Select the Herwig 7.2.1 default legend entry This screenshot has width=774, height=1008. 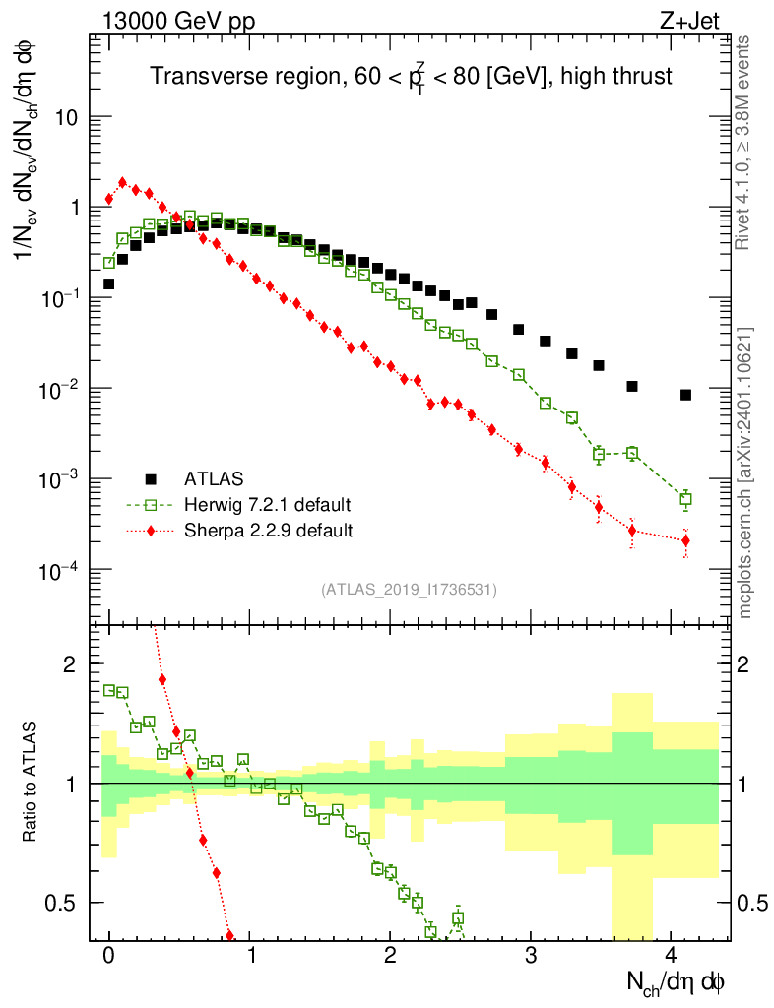click(267, 505)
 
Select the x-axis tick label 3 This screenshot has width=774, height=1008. click(531, 955)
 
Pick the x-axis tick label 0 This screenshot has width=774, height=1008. click(109, 955)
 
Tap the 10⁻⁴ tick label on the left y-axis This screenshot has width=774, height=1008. click(63, 570)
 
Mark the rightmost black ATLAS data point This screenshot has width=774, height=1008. click(685, 395)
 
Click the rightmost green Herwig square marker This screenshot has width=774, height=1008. click(685, 499)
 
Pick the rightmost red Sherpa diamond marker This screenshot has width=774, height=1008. click(685, 540)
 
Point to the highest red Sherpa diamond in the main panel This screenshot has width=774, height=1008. click(122, 182)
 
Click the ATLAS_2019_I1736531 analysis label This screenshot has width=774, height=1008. click(409, 590)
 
